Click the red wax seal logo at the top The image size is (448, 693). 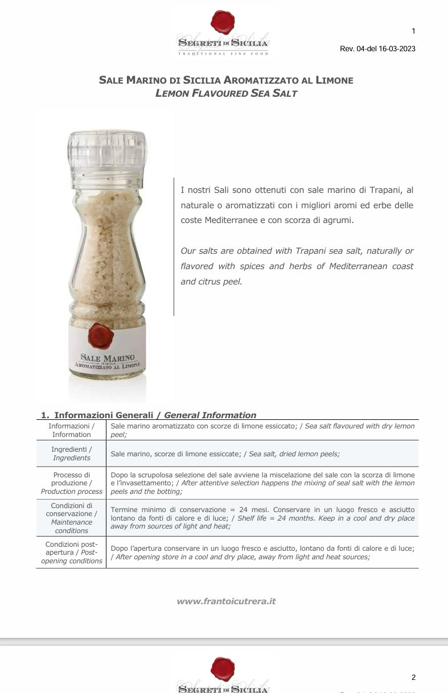point(223,22)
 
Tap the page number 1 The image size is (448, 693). point(413,31)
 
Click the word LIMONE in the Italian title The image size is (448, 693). point(332,80)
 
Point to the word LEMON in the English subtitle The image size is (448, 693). point(171,93)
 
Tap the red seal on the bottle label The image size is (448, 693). point(101,336)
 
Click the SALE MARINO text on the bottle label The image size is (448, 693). point(107,358)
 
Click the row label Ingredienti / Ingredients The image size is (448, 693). point(71,453)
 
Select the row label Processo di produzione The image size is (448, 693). point(71,483)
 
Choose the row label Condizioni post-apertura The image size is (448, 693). point(71,552)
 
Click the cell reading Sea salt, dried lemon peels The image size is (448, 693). point(294,453)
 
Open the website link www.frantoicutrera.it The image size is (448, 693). point(226,601)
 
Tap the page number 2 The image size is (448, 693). point(413,677)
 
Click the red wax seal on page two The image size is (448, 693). point(223,669)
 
